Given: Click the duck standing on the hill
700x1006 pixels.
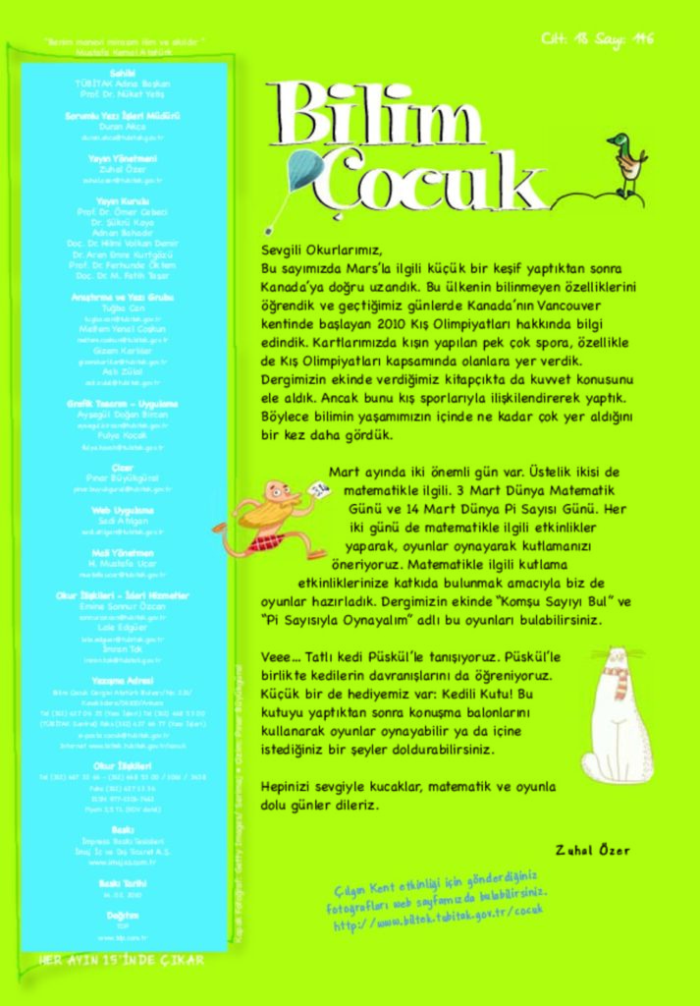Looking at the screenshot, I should (x=625, y=163).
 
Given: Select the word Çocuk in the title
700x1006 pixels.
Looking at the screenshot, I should (x=432, y=181).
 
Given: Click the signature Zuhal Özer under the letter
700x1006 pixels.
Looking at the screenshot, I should (x=592, y=850).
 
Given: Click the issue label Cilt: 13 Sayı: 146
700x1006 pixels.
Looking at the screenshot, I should (x=597, y=40).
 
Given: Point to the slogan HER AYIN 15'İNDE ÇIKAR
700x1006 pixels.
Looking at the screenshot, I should (x=122, y=960).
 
